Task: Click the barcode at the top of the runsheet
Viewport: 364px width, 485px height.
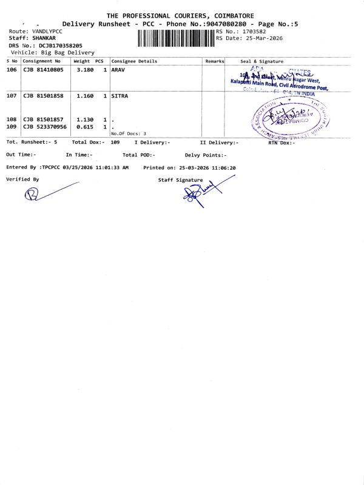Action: point(176,38)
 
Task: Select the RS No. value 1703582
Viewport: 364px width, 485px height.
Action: point(254,31)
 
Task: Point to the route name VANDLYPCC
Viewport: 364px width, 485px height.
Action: point(47,31)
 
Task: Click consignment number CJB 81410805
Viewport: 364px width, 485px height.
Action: point(43,70)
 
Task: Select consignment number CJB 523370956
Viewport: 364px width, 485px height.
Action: point(45,127)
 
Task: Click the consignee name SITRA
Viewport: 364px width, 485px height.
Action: point(120,96)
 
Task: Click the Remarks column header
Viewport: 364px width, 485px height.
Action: point(215,61)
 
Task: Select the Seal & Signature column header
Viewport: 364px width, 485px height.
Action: point(261,61)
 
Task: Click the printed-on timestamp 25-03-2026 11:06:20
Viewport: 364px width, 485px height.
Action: point(207,167)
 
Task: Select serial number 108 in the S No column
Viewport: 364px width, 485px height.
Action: point(12,119)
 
